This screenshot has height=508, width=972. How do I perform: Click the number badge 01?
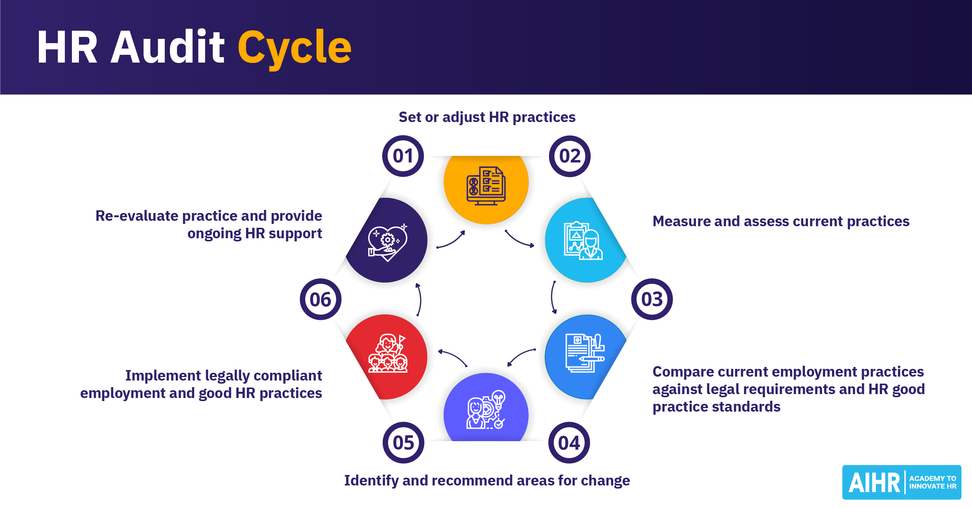(x=403, y=156)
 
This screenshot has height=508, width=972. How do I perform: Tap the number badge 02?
(x=570, y=156)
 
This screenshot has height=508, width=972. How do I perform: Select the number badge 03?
(x=652, y=299)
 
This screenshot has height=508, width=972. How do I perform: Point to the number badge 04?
(x=569, y=443)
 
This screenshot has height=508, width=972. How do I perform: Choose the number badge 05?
(x=403, y=443)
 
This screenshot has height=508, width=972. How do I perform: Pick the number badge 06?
(x=320, y=299)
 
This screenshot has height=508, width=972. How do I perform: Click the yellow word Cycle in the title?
(x=294, y=47)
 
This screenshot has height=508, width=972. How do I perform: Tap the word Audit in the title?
(x=168, y=47)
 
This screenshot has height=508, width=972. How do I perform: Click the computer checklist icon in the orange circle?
(x=486, y=186)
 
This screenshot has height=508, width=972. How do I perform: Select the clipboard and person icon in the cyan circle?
(x=583, y=241)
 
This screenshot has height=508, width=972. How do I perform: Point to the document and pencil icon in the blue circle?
(x=585, y=353)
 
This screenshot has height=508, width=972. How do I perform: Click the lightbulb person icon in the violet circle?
(x=486, y=410)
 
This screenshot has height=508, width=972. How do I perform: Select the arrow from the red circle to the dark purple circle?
(x=419, y=299)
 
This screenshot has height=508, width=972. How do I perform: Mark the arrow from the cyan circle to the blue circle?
(x=553, y=297)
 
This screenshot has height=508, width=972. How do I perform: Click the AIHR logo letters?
(x=874, y=483)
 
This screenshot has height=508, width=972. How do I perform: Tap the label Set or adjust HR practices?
(x=487, y=117)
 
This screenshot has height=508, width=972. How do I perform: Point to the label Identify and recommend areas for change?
(x=487, y=481)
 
